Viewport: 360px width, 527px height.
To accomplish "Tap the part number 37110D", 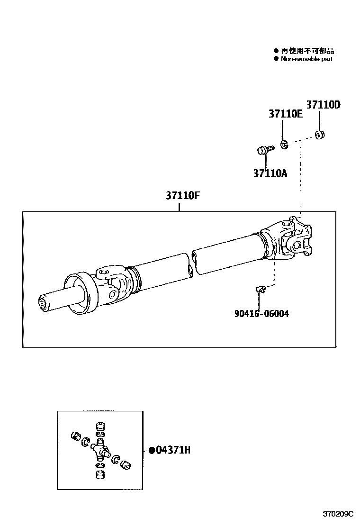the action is click(323, 105).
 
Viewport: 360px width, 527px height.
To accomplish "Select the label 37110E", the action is click(285, 114).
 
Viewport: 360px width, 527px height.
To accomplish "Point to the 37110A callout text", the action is click(270, 173).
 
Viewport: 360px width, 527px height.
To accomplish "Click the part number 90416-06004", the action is click(261, 314).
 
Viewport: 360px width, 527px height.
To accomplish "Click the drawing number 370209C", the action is click(338, 514).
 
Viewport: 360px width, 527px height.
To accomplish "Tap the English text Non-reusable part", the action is click(306, 59).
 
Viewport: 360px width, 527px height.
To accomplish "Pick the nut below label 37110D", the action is click(320, 136).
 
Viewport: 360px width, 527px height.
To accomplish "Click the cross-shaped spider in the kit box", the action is click(99, 447).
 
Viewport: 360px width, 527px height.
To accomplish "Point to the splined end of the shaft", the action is click(45, 303).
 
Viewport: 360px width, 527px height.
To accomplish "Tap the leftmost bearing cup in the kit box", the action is click(74, 436).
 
